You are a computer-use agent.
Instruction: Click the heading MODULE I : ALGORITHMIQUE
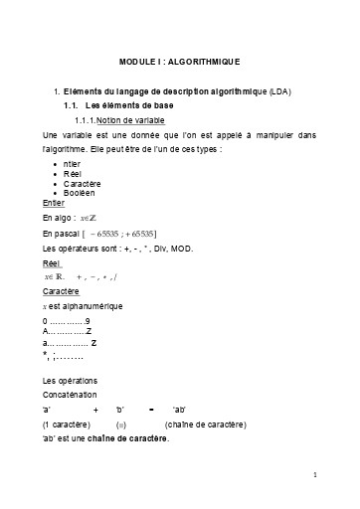tap(179, 61)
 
